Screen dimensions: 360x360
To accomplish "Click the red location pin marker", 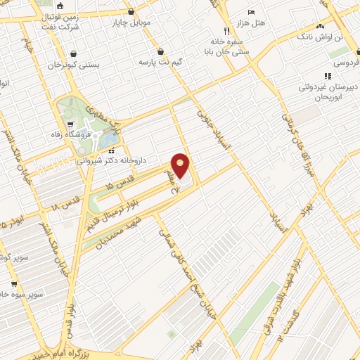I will click(181, 165).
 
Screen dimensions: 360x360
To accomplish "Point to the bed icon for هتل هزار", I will click(252, 12).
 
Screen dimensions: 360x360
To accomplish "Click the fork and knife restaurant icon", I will click(226, 31).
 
